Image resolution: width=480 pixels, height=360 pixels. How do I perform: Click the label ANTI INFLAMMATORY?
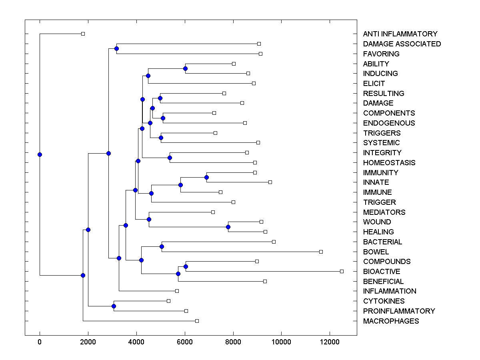click(x=400, y=34)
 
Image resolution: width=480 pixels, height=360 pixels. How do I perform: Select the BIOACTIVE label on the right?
click(x=382, y=272)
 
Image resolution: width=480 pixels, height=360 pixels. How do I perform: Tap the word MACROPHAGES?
click(x=391, y=321)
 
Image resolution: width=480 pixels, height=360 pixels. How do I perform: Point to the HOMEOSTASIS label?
click(x=389, y=163)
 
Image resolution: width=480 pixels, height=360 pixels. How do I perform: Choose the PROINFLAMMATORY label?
click(x=399, y=311)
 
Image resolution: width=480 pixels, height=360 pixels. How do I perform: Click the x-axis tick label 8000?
click(x=233, y=342)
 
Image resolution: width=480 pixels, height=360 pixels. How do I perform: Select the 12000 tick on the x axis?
click(x=330, y=342)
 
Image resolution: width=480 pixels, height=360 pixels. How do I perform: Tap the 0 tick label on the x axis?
click(x=40, y=342)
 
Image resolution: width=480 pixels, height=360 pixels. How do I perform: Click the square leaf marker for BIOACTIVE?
click(x=342, y=271)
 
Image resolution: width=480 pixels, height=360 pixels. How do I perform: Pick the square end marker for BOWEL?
click(x=321, y=252)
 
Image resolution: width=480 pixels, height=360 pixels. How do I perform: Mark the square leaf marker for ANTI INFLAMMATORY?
click(x=83, y=34)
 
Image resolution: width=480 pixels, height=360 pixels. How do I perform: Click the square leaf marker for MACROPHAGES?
click(x=197, y=321)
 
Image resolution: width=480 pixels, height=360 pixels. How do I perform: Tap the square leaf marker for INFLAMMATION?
click(x=177, y=291)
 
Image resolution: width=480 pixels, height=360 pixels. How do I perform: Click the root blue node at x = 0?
click(x=40, y=154)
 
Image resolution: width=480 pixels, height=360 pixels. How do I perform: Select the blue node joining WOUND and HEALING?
click(x=228, y=227)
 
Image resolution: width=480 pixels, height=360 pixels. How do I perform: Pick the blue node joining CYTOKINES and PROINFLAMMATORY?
click(x=114, y=306)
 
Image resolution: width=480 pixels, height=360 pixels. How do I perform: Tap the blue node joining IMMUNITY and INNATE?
click(x=206, y=177)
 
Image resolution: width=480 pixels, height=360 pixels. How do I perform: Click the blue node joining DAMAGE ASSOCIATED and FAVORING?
click(x=116, y=48)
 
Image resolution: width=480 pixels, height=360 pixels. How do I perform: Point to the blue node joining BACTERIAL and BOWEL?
click(x=162, y=246)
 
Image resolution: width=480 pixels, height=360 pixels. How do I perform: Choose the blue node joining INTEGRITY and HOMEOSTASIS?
click(x=170, y=158)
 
